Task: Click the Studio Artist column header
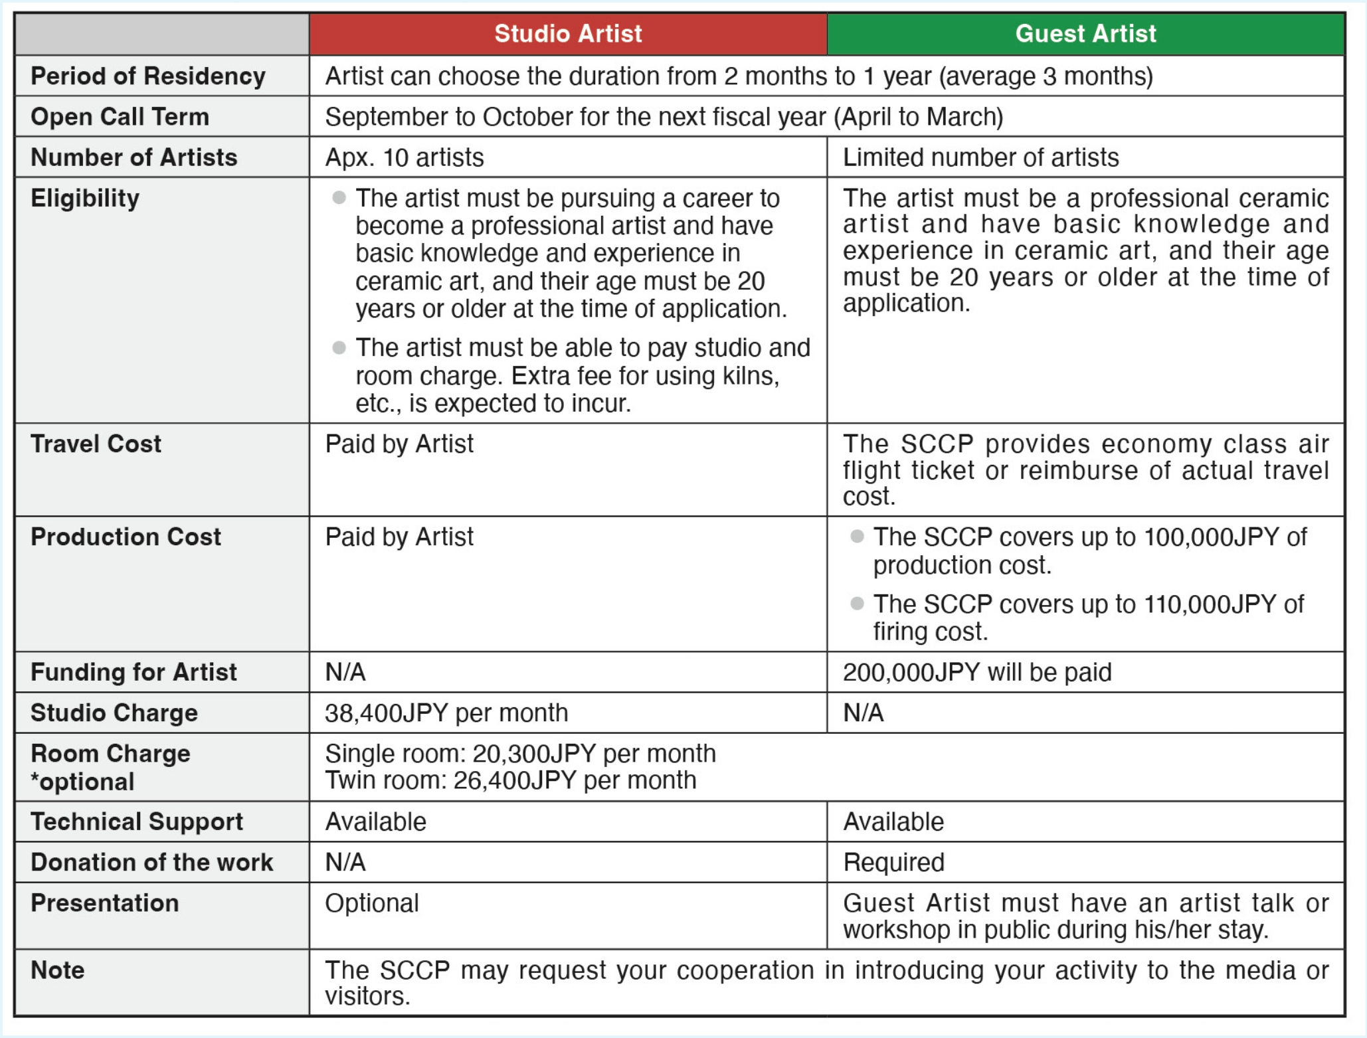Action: pyautogui.click(x=568, y=34)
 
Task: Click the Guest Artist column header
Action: pyautogui.click(x=1085, y=34)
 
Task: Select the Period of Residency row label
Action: pyautogui.click(x=147, y=76)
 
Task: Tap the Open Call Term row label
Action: pyautogui.click(x=120, y=117)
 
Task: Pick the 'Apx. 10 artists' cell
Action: pyautogui.click(x=404, y=158)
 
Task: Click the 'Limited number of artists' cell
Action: pyautogui.click(x=980, y=158)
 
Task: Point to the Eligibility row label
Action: pyautogui.click(x=85, y=199)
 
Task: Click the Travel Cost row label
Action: pyautogui.click(x=96, y=444)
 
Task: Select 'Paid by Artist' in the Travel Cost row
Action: pyautogui.click(x=399, y=444)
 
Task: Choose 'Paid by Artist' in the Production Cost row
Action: pyautogui.click(x=399, y=537)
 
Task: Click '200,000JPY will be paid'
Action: pyautogui.click(x=977, y=672)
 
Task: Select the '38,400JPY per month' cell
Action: pyautogui.click(x=446, y=713)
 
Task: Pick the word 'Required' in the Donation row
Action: pyautogui.click(x=893, y=863)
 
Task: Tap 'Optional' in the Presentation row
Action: pyautogui.click(x=372, y=903)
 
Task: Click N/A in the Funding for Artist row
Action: pyautogui.click(x=345, y=672)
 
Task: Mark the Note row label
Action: pyautogui.click(x=58, y=970)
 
